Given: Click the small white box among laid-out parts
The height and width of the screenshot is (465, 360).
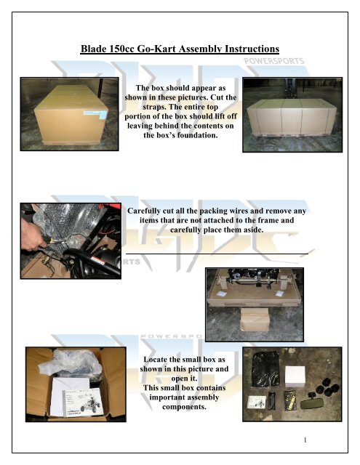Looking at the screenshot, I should [299, 377].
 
